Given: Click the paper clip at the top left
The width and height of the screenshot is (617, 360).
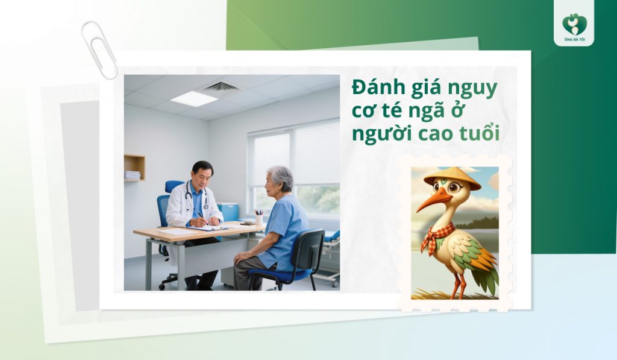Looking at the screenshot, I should [x=99, y=50].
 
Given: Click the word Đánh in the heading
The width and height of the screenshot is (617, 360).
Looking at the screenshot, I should [x=377, y=89].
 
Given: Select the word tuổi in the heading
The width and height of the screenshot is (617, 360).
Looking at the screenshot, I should [x=479, y=133].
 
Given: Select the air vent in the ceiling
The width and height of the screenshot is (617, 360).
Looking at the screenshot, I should [x=220, y=87].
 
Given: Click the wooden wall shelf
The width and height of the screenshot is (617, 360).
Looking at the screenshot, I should [x=134, y=167].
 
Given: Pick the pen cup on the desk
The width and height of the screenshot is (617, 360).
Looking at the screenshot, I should [x=258, y=218].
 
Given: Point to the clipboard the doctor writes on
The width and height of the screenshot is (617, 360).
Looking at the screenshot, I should [x=208, y=228].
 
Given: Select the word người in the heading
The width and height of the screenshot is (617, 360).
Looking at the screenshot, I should [x=379, y=134].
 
